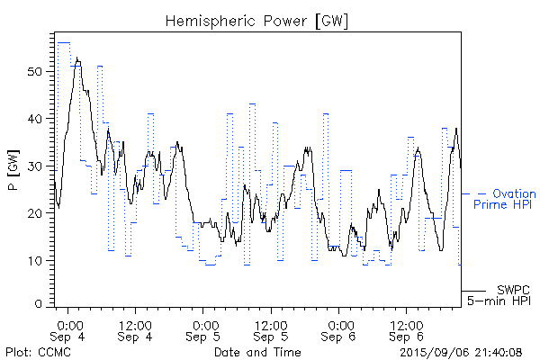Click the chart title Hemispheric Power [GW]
pyautogui.click(x=256, y=20)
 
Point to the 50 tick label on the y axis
pyautogui.click(x=36, y=71)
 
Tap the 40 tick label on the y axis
pyautogui.click(x=36, y=119)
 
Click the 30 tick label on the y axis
pyautogui.click(x=36, y=166)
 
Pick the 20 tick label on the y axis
pyautogui.click(x=36, y=213)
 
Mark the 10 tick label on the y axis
pyautogui.click(x=36, y=260)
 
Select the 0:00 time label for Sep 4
pyautogui.click(x=69, y=324)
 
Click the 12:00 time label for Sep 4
pyautogui.click(x=135, y=324)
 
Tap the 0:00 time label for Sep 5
pyautogui.click(x=204, y=324)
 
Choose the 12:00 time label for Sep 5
pyautogui.click(x=270, y=324)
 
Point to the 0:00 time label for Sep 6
pyautogui.click(x=339, y=324)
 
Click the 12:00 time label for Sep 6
pyautogui.click(x=405, y=324)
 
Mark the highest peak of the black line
pyautogui.click(x=77, y=59)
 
